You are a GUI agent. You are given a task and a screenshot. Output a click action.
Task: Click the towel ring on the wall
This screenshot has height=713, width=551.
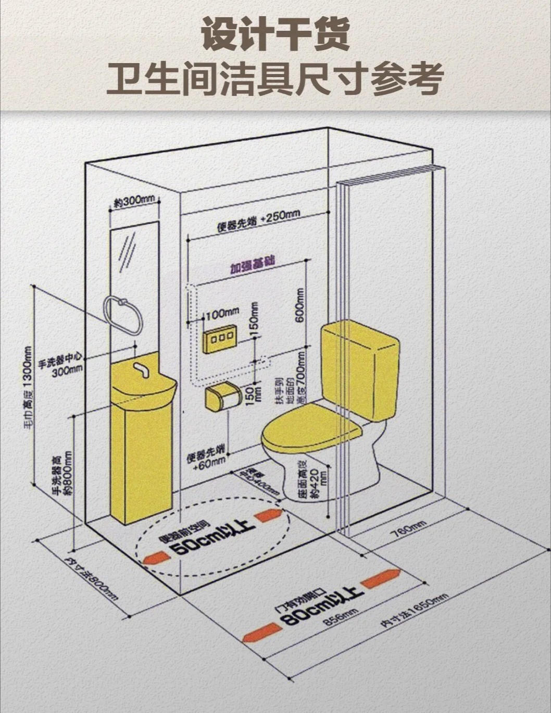click(123, 315)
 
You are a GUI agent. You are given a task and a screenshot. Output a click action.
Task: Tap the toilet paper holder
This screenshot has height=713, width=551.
click(220, 398)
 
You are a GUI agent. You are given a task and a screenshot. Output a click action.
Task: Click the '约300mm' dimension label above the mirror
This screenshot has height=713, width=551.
click(133, 201)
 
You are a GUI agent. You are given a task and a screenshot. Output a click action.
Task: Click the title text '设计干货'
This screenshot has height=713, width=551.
click(275, 34)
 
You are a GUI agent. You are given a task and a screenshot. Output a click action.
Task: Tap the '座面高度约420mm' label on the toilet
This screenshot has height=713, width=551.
click(308, 479)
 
